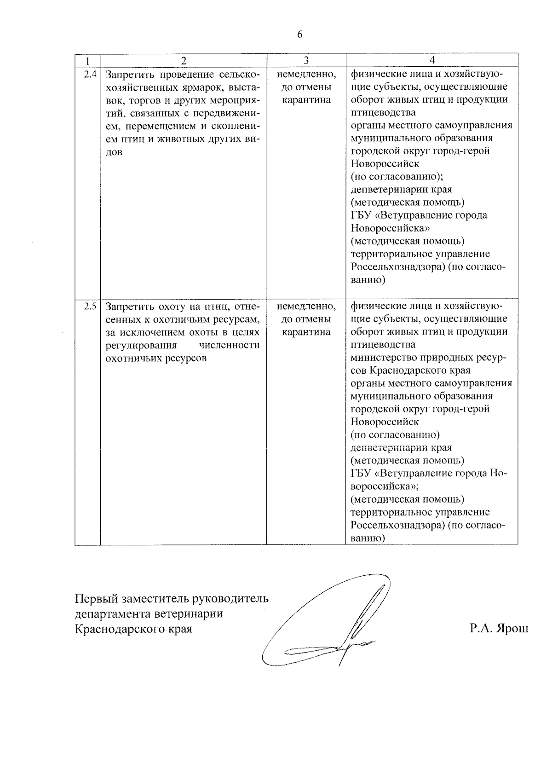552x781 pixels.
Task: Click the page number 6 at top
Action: point(300,35)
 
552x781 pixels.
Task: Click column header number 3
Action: point(306,61)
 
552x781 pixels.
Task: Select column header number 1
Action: point(87,61)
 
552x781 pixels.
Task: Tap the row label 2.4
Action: point(90,74)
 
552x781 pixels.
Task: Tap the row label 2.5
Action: point(90,307)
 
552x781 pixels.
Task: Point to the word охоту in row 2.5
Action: point(174,307)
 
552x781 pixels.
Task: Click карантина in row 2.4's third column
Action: point(306,100)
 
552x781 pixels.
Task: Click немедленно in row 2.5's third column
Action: point(306,307)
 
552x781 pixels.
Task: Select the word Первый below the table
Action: point(96,599)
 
